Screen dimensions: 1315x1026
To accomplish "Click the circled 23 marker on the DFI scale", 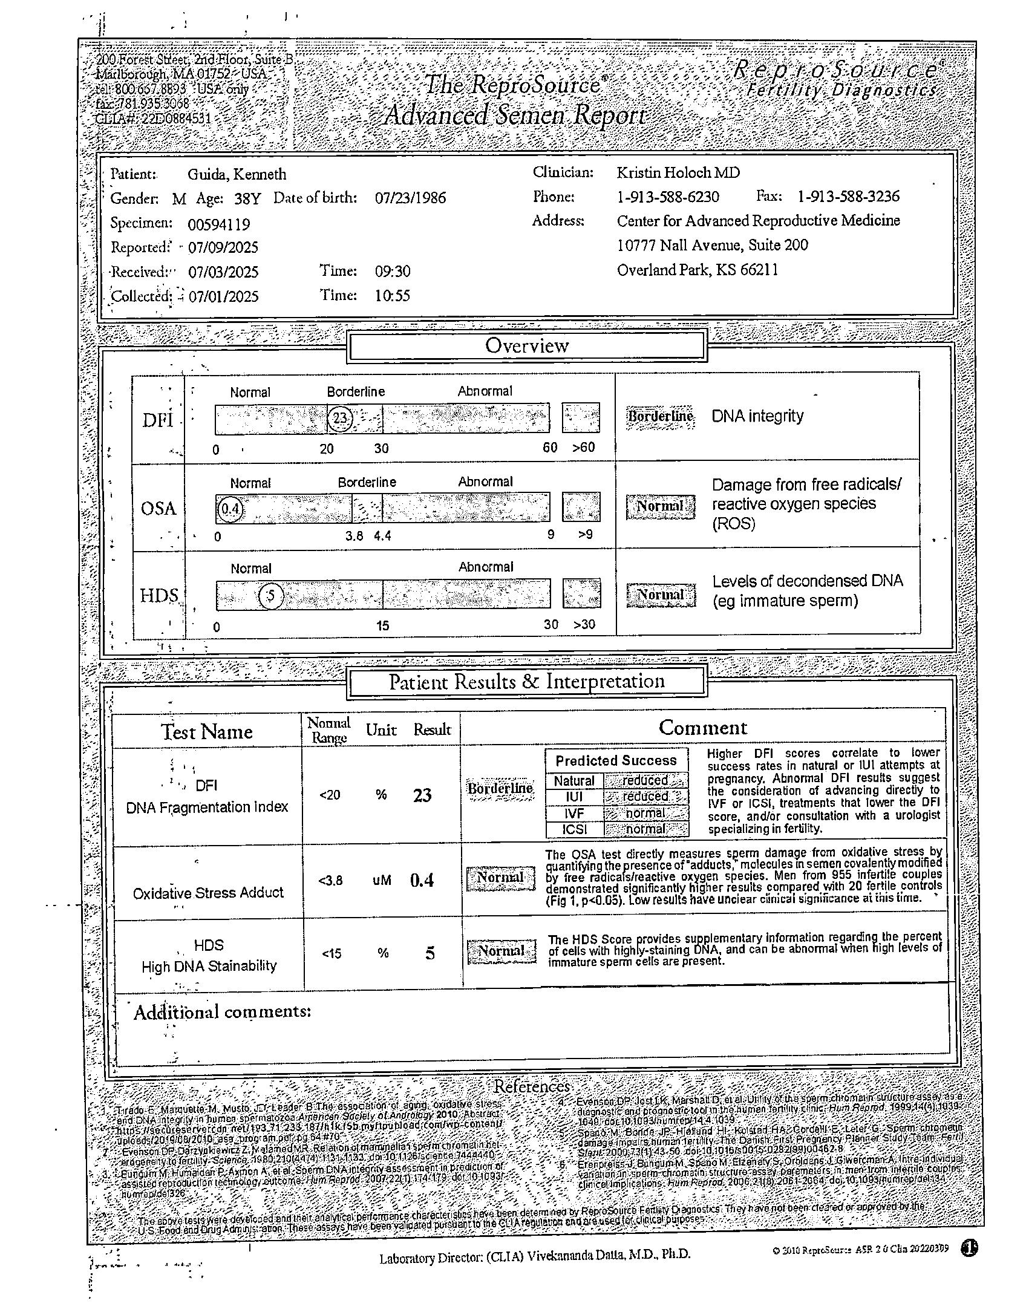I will point(341,418).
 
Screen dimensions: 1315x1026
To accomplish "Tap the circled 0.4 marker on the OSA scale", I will point(230,509).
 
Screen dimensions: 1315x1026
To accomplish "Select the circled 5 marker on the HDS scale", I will point(271,596).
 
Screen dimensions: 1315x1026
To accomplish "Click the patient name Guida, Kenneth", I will point(237,175).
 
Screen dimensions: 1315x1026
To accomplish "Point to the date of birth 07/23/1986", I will point(410,198).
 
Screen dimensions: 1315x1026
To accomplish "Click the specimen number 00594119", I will point(218,224).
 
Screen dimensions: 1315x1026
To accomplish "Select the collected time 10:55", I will point(392,296).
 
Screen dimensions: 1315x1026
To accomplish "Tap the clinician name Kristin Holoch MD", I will point(678,173).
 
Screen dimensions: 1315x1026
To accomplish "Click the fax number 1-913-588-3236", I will point(848,197).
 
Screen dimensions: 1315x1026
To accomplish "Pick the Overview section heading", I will point(527,346).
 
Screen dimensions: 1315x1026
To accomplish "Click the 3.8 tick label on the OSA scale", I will point(354,536).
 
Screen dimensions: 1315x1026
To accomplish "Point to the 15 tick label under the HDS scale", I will point(382,626).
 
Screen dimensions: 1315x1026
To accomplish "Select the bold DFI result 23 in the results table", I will point(422,795).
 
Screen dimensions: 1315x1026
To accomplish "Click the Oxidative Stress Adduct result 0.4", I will point(422,880).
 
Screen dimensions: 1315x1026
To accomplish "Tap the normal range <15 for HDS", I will point(332,954).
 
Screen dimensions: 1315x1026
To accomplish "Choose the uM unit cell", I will point(382,881).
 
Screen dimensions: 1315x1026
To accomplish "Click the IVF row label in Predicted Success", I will point(574,814).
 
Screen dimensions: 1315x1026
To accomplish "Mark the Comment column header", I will point(702,728).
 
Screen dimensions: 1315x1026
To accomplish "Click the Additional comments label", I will point(222,1012).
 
